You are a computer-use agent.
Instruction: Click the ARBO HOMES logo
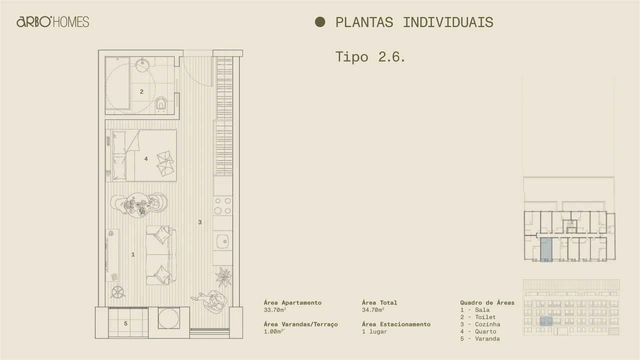click(52, 22)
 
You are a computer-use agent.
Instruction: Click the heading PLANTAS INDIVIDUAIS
click(414, 22)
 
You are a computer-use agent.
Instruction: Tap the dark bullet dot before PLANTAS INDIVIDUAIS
click(320, 22)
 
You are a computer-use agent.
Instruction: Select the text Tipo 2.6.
click(370, 56)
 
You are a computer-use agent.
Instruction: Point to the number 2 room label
click(141, 91)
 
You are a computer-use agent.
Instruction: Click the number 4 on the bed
click(146, 159)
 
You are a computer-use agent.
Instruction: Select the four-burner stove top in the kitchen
click(222, 205)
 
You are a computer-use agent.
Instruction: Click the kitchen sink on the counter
click(222, 242)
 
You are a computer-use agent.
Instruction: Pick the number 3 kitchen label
click(199, 222)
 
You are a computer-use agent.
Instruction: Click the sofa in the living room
click(161, 254)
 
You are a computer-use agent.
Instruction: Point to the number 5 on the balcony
click(125, 323)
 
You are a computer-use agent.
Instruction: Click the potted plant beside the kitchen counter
click(223, 276)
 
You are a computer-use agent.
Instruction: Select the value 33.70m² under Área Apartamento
click(275, 310)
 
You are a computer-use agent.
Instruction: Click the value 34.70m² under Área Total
click(373, 310)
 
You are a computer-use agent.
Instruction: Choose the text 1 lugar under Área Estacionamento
click(374, 331)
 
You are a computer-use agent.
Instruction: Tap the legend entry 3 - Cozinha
click(480, 324)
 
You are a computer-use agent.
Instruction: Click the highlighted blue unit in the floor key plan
click(546, 250)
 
